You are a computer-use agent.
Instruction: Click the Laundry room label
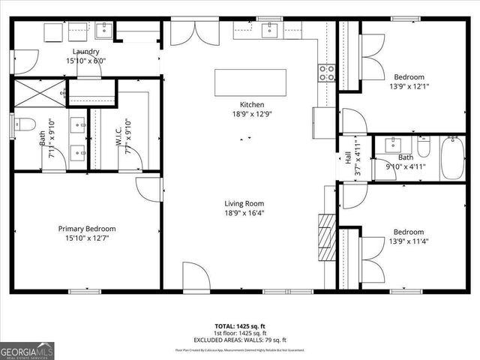coord(85,51)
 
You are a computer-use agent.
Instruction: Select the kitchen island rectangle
coord(251,82)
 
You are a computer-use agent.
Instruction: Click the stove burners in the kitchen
coord(327,72)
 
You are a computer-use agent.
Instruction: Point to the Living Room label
coord(244,203)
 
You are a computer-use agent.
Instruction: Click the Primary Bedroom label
coord(87,229)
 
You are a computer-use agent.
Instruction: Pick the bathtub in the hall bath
coord(452,157)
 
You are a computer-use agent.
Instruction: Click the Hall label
coord(348,158)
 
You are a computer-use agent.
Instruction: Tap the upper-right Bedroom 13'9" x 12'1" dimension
coord(409,87)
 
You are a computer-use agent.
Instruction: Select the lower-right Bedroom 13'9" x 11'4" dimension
coord(409,241)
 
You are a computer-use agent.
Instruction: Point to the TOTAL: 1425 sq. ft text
coord(239,326)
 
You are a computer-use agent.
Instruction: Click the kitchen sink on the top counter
coord(269,30)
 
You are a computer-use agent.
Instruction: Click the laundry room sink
coord(103,30)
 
